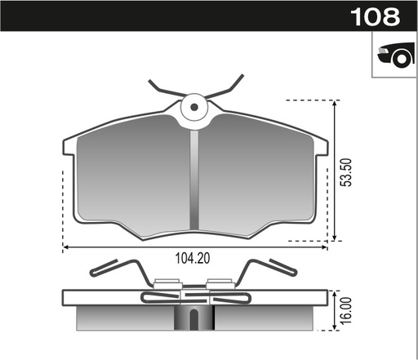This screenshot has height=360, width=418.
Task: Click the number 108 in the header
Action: [x=375, y=16]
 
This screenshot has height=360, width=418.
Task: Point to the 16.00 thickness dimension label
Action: [x=345, y=311]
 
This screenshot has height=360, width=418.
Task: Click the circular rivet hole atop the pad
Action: [x=194, y=106]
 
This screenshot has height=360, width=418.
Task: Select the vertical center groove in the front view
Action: [x=194, y=180]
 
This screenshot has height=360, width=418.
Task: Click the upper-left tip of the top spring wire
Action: [x=150, y=82]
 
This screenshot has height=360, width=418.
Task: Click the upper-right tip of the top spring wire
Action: [x=242, y=77]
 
